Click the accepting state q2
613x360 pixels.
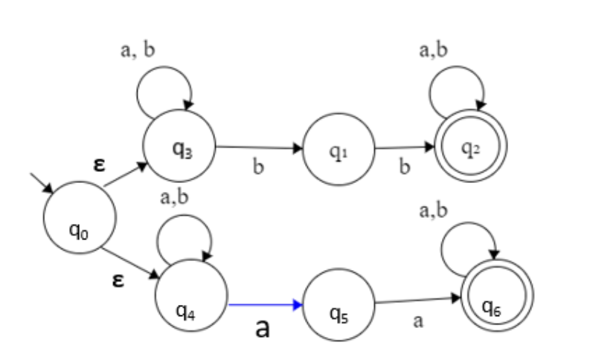469,148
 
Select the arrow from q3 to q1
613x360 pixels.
259,148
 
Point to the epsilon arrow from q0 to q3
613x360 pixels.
125,176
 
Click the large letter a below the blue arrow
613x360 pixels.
262,328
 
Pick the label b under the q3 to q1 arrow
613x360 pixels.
259,167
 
